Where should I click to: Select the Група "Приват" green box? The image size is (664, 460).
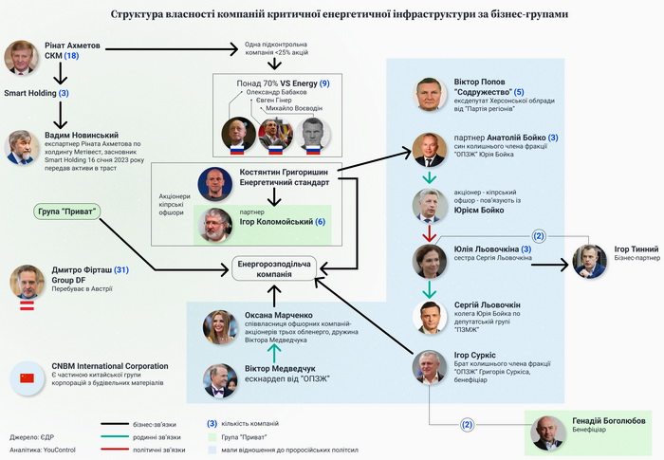pos(66,211)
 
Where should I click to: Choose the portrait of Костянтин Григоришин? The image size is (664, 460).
pos(214,183)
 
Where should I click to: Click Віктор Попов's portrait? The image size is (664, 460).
pos(431,95)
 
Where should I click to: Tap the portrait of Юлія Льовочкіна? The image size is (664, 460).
pos(430,260)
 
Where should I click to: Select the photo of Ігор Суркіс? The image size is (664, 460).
pos(430,367)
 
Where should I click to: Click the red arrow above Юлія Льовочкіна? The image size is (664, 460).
pos(430,231)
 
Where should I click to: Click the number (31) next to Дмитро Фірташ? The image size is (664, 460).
pos(120,270)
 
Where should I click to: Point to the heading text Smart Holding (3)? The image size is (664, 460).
pos(37,93)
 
